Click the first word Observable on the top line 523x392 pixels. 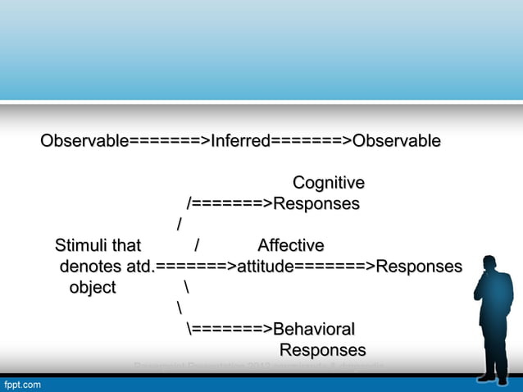coord(84,142)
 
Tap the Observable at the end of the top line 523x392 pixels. coord(396,142)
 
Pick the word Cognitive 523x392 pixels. coord(329,182)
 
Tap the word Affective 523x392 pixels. coord(290,245)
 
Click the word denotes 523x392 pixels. coord(89,267)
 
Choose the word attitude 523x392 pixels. coord(265,267)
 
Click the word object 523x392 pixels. coord(93,288)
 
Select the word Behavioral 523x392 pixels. coord(313,330)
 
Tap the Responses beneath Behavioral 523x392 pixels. coord(322,351)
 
